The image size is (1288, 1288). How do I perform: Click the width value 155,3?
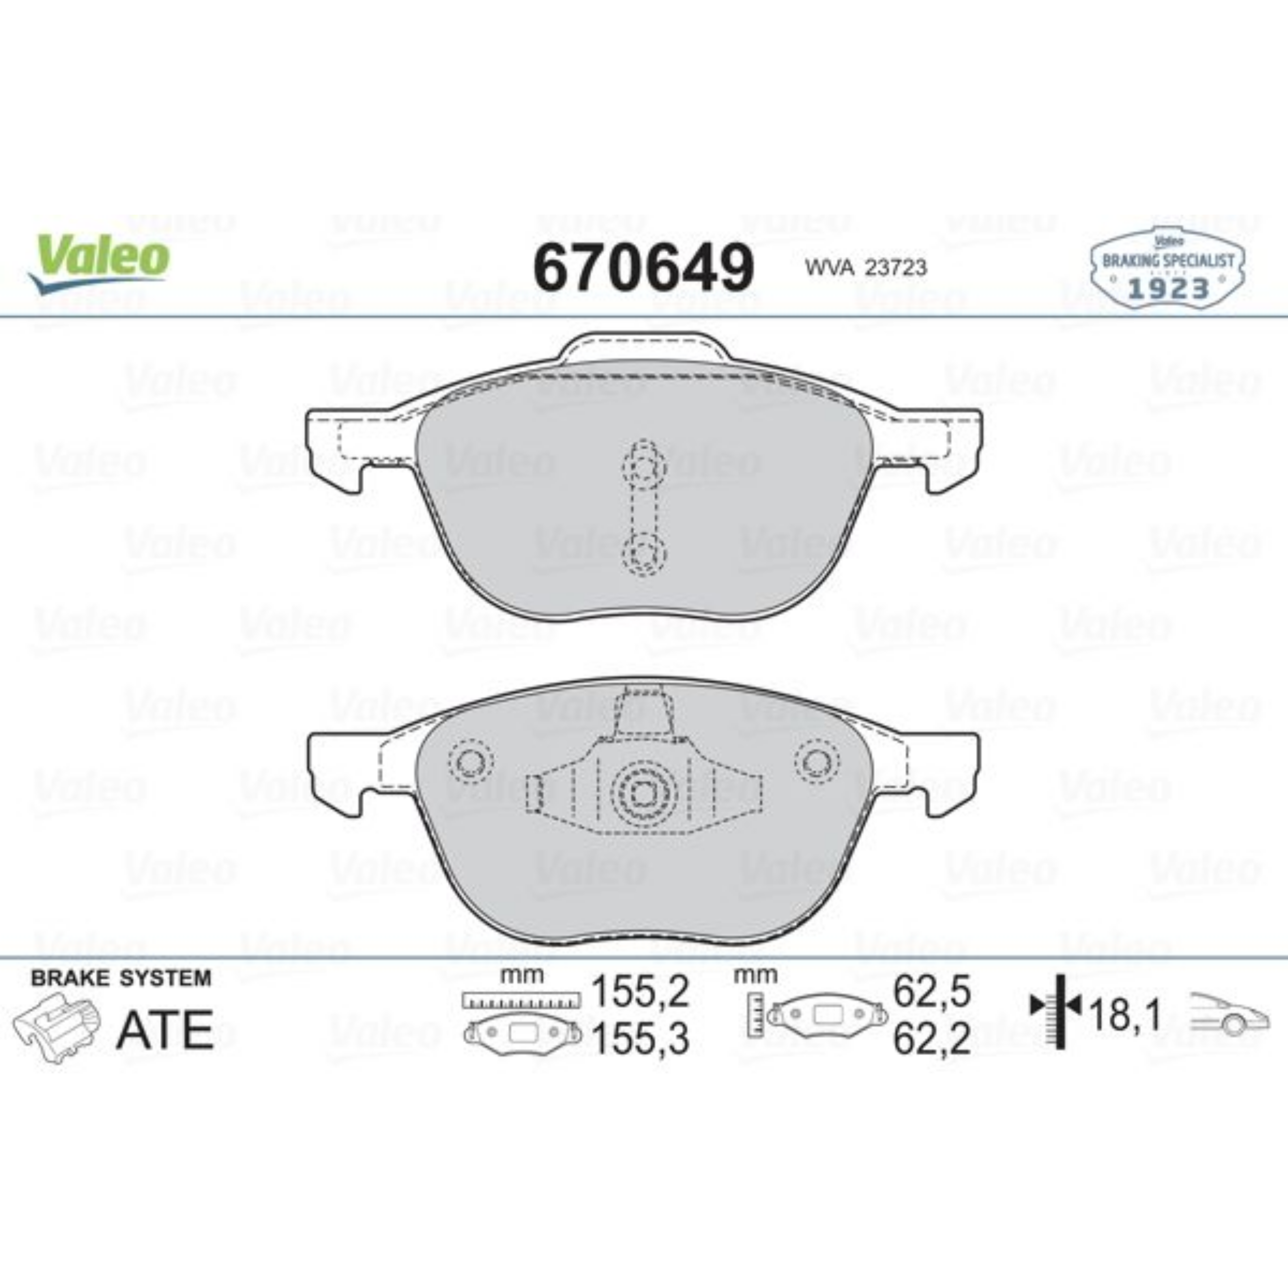640,1040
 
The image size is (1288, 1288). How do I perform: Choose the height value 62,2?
931,1040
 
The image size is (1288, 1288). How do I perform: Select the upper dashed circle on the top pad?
643,469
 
